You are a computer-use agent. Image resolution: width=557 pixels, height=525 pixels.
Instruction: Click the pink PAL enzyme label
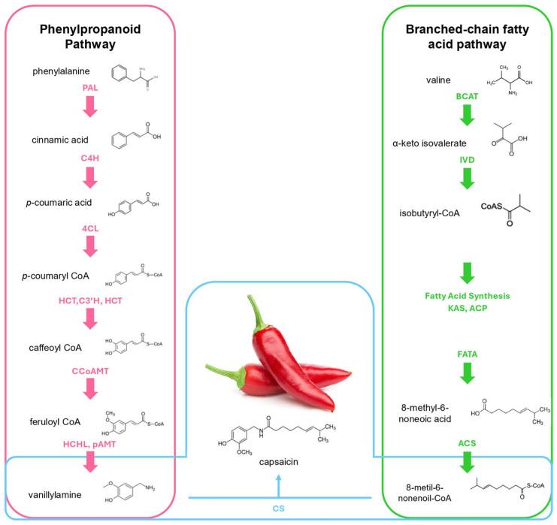tap(91, 88)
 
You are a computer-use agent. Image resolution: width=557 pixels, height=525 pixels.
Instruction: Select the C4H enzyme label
tap(91, 159)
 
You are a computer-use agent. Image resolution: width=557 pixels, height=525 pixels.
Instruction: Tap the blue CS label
tap(278, 508)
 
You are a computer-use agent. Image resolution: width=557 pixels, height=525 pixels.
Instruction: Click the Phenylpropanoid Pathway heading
tap(91, 41)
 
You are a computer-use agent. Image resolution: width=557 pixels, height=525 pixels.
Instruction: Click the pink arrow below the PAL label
tap(91, 107)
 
